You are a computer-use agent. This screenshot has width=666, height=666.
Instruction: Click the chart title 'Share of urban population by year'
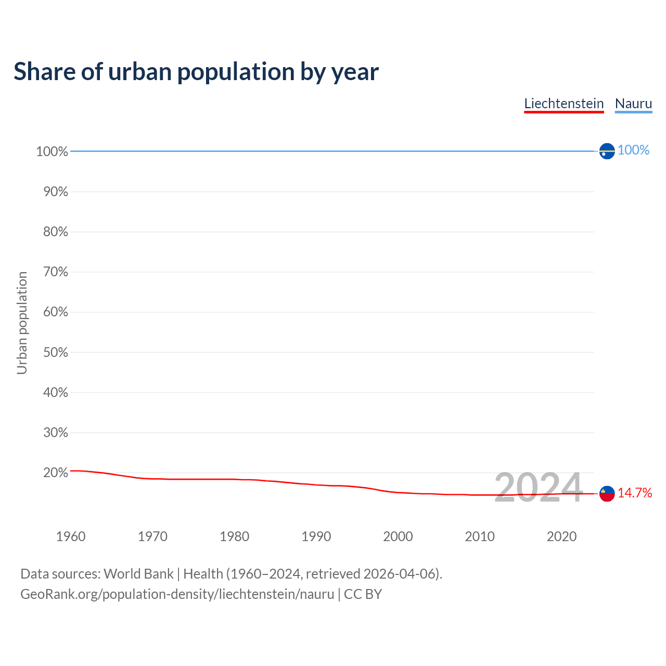click(196, 72)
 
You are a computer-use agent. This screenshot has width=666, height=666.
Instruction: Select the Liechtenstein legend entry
click(563, 104)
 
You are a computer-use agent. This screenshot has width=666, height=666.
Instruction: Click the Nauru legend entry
click(633, 104)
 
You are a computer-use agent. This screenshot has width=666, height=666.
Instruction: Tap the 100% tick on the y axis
click(52, 151)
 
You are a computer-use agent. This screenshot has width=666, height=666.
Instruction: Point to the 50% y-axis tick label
click(55, 352)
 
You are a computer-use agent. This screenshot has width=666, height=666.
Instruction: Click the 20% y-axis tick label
click(55, 473)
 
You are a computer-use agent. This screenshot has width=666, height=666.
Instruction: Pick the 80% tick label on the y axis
click(55, 232)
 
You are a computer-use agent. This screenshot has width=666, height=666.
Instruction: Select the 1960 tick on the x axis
click(71, 536)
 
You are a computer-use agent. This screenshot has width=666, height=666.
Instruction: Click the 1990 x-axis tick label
click(316, 536)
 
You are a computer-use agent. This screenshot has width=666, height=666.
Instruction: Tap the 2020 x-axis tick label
click(561, 536)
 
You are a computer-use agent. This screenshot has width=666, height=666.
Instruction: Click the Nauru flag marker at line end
click(607, 151)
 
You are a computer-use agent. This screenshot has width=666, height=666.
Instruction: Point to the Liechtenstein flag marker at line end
click(607, 493)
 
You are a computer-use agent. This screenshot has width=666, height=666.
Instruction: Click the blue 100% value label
click(633, 150)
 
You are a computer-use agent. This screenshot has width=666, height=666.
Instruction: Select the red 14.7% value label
click(635, 493)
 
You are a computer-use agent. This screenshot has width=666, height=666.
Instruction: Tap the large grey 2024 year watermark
click(538, 488)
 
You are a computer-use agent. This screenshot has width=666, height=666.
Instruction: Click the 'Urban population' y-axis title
click(22, 323)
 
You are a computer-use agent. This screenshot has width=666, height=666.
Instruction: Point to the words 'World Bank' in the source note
click(138, 574)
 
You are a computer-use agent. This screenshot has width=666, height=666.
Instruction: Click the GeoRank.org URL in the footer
click(177, 594)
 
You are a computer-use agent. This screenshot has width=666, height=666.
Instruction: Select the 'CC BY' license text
click(363, 594)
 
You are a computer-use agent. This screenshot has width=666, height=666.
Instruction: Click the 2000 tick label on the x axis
click(398, 536)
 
